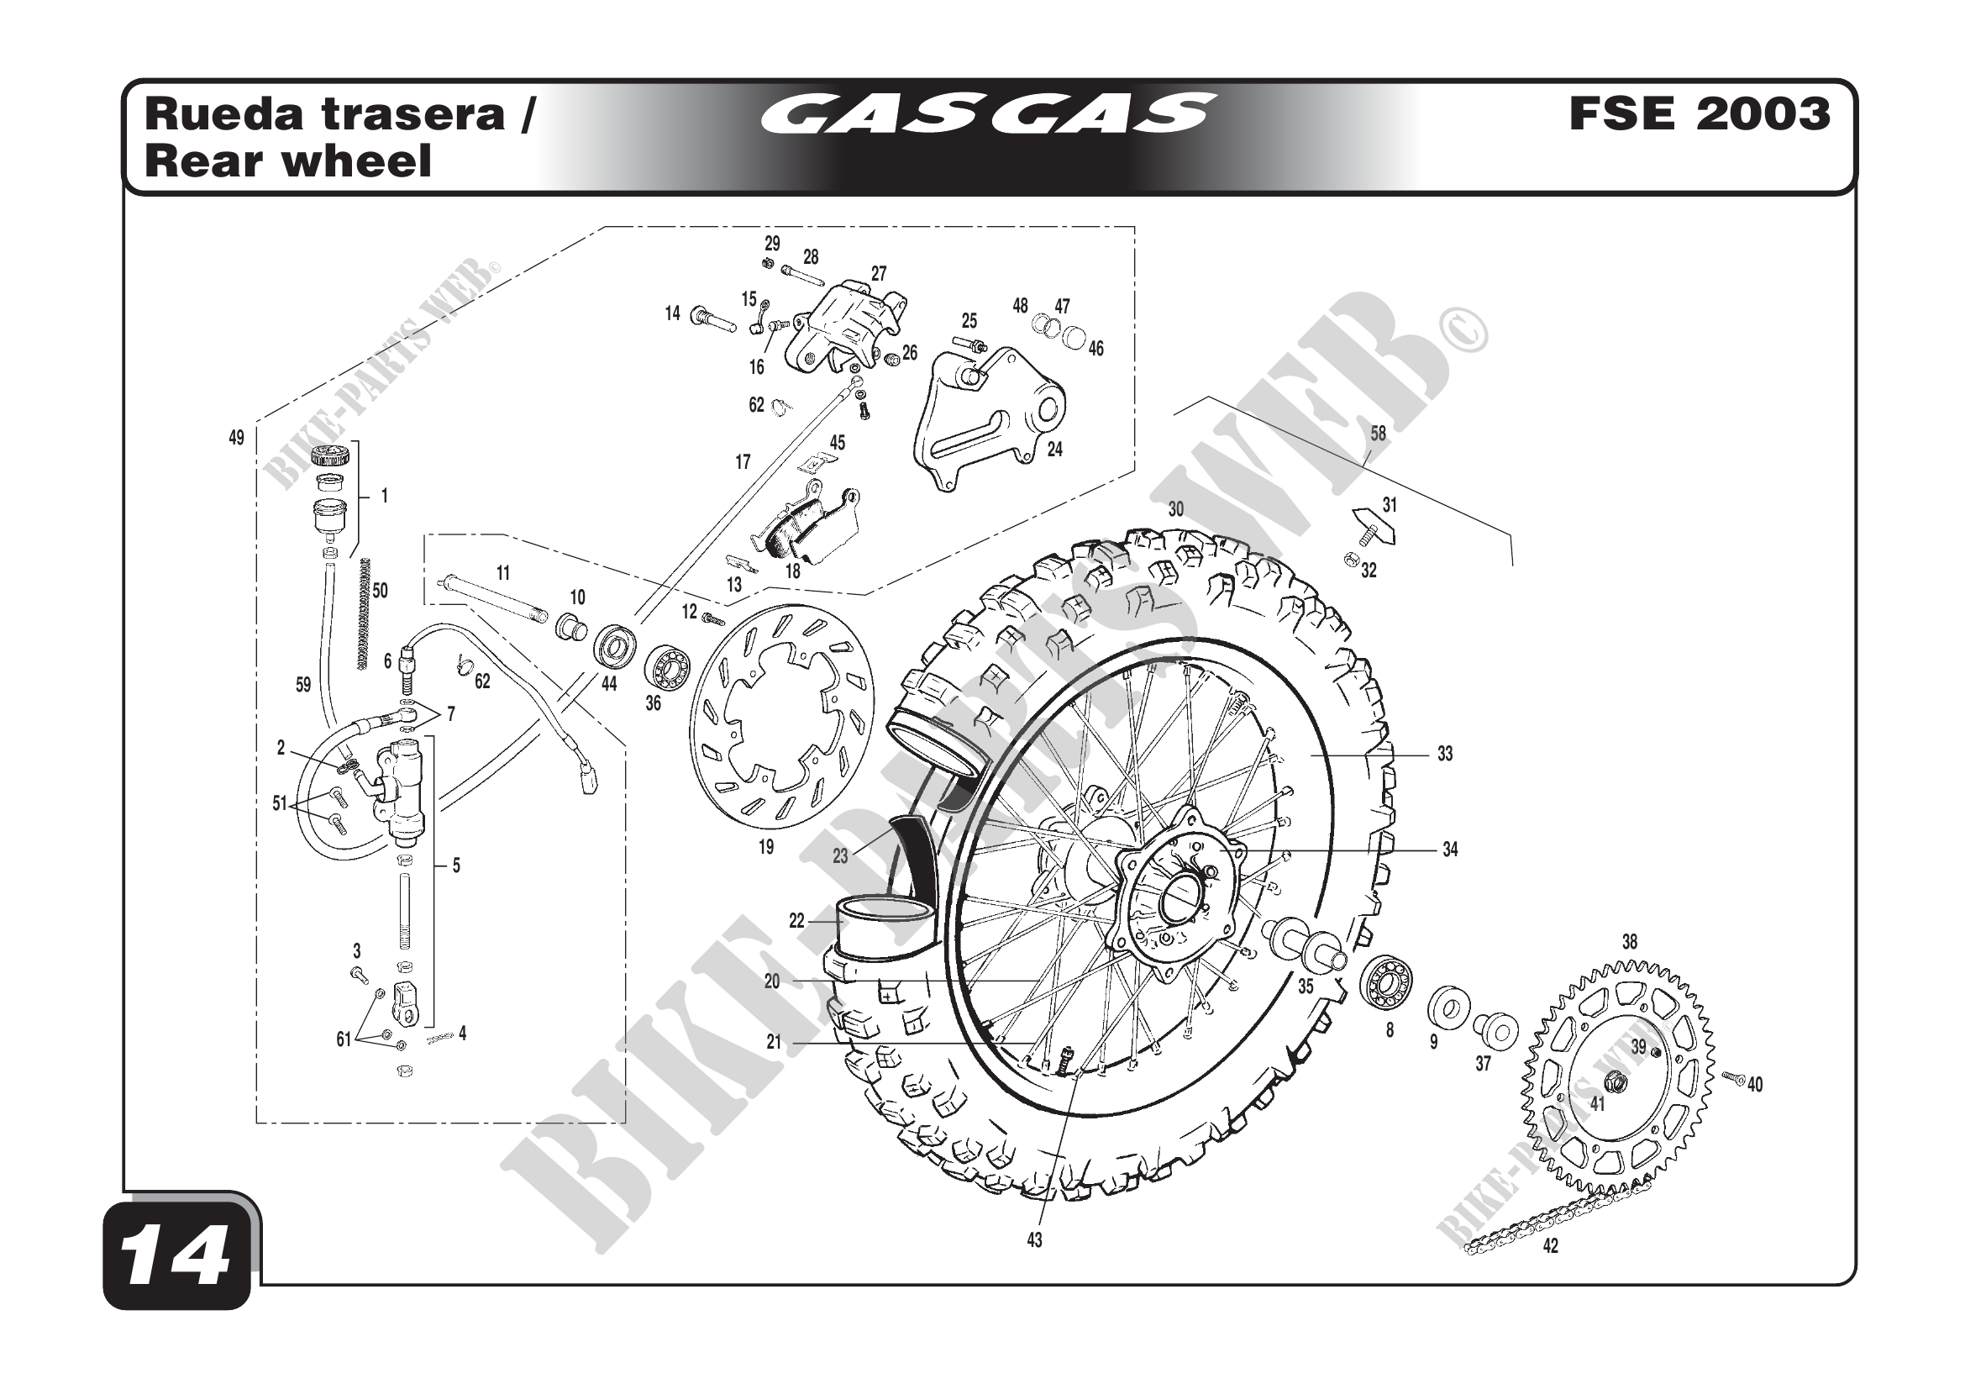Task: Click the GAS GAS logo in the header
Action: coord(988,114)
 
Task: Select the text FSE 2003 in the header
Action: coord(1699,113)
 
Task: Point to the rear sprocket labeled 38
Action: coord(1616,1078)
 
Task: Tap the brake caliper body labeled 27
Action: coord(848,329)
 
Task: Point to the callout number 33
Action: coord(1445,754)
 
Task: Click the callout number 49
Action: coord(236,438)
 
